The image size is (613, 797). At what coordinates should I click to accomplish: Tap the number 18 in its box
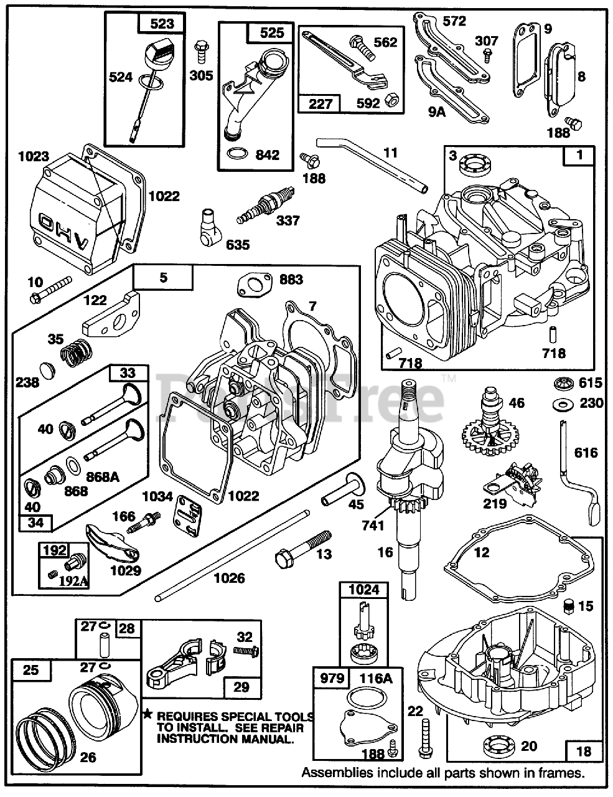[583, 751]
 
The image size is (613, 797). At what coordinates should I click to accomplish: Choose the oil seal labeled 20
[498, 746]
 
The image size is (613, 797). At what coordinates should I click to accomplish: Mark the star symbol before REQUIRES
[147, 714]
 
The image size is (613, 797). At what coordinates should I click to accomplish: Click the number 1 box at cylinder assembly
[579, 156]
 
